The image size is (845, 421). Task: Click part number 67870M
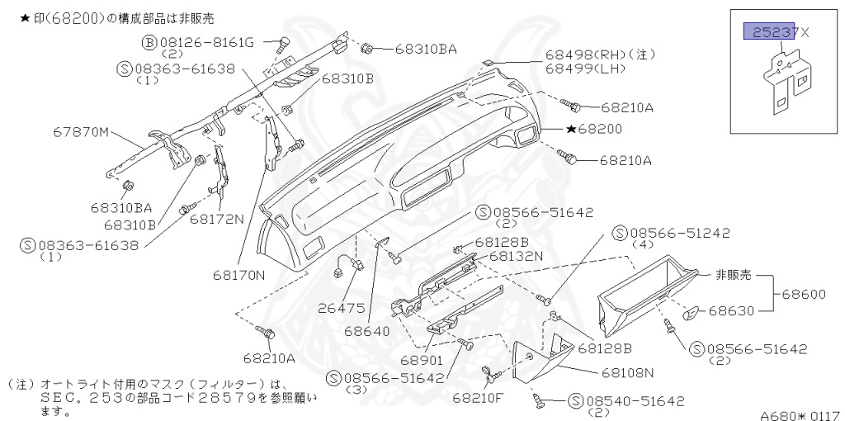(83, 131)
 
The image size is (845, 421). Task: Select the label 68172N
(217, 220)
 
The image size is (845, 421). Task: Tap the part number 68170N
(237, 275)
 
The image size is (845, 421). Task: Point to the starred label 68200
(594, 130)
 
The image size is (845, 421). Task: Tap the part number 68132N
(516, 256)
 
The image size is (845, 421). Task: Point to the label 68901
(422, 361)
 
